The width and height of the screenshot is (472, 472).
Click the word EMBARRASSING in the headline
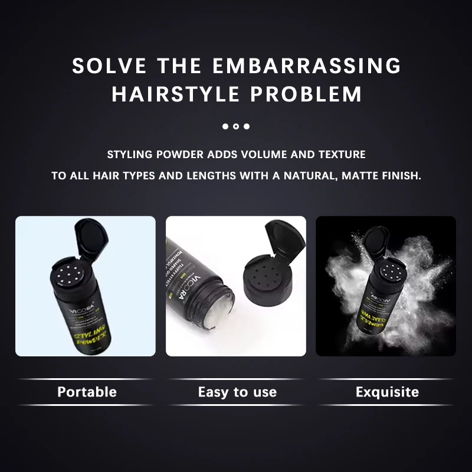click(306, 65)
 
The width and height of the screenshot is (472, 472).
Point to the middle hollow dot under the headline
click(236, 126)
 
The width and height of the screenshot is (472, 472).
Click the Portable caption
click(87, 392)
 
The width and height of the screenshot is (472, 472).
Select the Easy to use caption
click(237, 392)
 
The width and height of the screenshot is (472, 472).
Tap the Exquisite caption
click(387, 392)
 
